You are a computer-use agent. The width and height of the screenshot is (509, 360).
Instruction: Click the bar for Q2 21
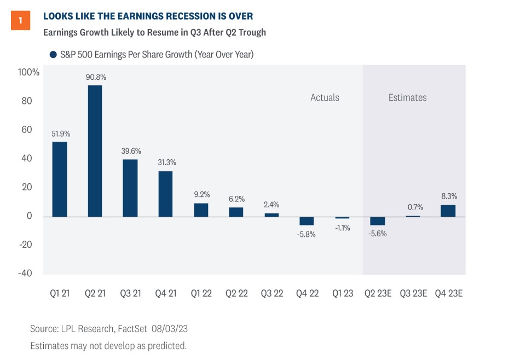pos(95,151)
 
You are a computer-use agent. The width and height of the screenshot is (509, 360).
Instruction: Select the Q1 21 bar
pos(60,179)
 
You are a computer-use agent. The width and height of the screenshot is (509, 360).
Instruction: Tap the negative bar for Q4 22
pos(306,221)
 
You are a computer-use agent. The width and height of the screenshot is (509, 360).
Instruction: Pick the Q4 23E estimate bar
pos(448,211)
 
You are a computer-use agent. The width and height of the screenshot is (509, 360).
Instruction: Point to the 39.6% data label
pos(131,151)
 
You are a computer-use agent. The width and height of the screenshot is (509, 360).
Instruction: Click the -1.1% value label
pos(343,228)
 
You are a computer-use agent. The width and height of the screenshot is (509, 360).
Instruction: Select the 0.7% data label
pos(415,207)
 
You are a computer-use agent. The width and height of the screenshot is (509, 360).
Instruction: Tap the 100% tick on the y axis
pos(28,72)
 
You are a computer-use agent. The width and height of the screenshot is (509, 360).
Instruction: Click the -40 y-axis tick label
pos(25,273)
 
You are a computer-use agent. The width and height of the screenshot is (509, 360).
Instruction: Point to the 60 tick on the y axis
pos(27,130)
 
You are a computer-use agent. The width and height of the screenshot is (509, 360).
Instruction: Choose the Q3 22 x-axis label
pos(272,293)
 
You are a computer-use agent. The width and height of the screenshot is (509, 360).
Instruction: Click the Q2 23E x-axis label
pos(378,293)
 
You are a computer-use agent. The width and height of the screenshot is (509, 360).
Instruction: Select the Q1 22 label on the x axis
pos(201,293)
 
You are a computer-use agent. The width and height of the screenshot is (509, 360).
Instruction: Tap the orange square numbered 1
pos(20,20)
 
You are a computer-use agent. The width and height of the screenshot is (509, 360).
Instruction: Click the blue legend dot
pos(53,55)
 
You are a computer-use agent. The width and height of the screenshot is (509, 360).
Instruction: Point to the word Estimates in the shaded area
pos(407,97)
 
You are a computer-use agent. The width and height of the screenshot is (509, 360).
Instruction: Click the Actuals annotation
pos(325,97)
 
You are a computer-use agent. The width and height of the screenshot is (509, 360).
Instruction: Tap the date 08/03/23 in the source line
pos(170,328)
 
